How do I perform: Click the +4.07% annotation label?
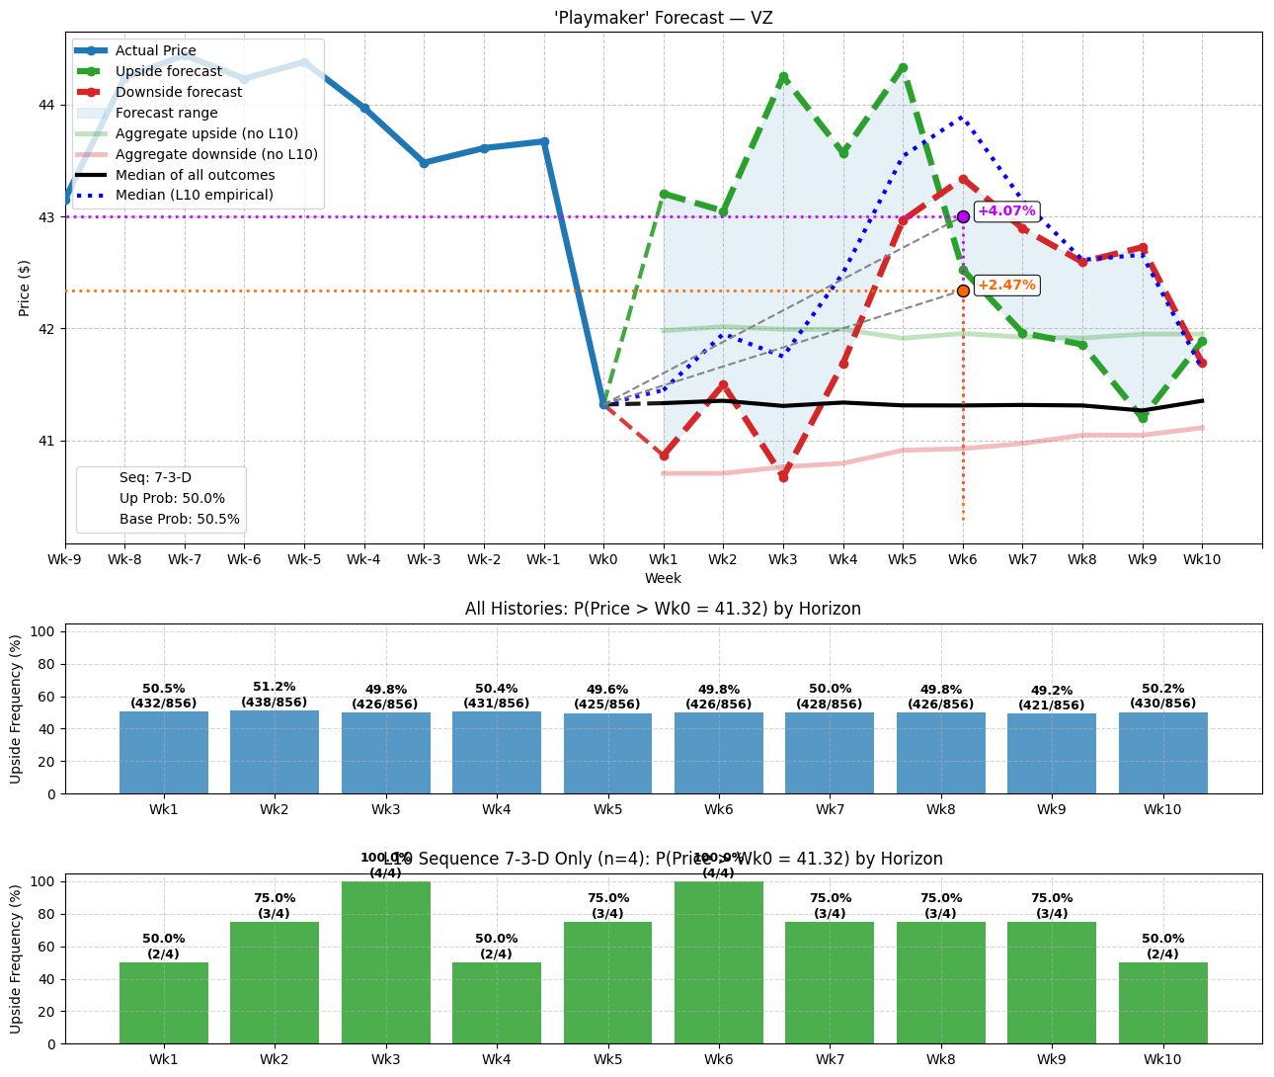[1006, 211]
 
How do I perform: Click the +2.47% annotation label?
[1006, 286]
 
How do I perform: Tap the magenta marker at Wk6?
[963, 216]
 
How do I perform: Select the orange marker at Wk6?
[963, 290]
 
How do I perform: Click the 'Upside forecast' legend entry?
[168, 71]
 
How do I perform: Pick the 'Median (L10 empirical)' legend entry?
[194, 195]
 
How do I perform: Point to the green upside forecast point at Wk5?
[903, 68]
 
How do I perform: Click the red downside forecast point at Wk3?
[783, 476]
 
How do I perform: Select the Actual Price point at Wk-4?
[364, 109]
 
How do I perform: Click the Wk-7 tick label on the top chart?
[185, 559]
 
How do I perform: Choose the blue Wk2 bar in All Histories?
[275, 752]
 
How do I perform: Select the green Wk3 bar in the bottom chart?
[386, 962]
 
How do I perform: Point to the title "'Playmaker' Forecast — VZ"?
[663, 18]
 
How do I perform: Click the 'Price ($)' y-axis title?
[25, 288]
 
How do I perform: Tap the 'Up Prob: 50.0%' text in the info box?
[172, 499]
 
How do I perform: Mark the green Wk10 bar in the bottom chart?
[1162, 1003]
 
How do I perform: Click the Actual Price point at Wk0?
[603, 404]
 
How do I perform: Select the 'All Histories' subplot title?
[663, 609]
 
